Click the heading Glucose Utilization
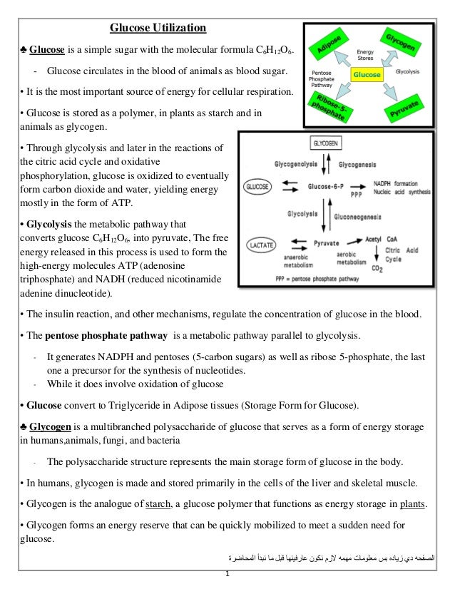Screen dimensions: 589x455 coord(158,29)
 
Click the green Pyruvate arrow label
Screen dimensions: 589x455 coord(404,109)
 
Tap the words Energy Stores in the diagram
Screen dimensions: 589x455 coord(366,56)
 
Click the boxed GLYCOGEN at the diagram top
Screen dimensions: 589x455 coord(327,143)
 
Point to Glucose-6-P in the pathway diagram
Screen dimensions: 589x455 coord(328,186)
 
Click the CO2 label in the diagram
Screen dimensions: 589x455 coord(379,267)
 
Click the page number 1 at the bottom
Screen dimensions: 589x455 coord(226,575)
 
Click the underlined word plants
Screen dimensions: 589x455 coord(414,505)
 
